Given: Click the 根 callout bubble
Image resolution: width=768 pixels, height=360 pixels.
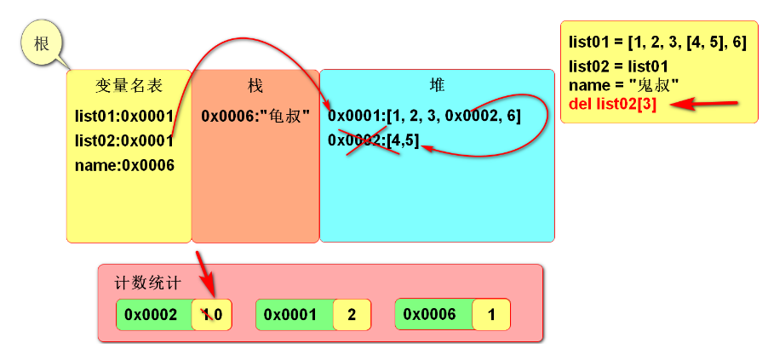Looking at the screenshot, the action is pyautogui.click(x=41, y=44).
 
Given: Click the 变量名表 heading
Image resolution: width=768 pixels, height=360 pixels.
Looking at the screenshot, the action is pyautogui.click(x=129, y=86).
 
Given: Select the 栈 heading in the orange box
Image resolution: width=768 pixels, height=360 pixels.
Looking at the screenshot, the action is pyautogui.click(x=255, y=86).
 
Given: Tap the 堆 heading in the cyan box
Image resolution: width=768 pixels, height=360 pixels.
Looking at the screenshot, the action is pyautogui.click(x=437, y=85).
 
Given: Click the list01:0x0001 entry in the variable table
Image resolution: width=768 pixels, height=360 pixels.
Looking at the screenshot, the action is pyautogui.click(x=124, y=116).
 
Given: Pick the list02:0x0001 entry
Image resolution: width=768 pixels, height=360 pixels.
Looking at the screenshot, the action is pyautogui.click(x=124, y=140).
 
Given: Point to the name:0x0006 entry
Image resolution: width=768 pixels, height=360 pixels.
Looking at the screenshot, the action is pyautogui.click(x=124, y=165).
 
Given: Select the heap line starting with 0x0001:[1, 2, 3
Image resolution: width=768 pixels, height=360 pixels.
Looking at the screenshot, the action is pyautogui.click(x=424, y=116).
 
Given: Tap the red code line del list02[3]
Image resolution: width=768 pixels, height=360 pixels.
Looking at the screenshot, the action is pyautogui.click(x=614, y=105).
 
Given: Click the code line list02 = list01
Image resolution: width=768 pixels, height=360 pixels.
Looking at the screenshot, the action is pyautogui.click(x=618, y=66).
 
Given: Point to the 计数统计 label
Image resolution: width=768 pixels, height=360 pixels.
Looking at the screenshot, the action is pyautogui.click(x=147, y=284).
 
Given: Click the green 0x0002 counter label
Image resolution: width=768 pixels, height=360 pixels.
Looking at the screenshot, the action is pyautogui.click(x=152, y=315).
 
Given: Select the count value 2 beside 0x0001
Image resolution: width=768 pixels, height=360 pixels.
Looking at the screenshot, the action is pyautogui.click(x=352, y=315).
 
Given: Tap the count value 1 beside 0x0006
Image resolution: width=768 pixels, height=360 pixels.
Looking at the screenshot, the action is pyautogui.click(x=491, y=315).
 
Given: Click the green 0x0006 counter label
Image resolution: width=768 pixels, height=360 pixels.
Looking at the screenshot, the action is pyautogui.click(x=430, y=315).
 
